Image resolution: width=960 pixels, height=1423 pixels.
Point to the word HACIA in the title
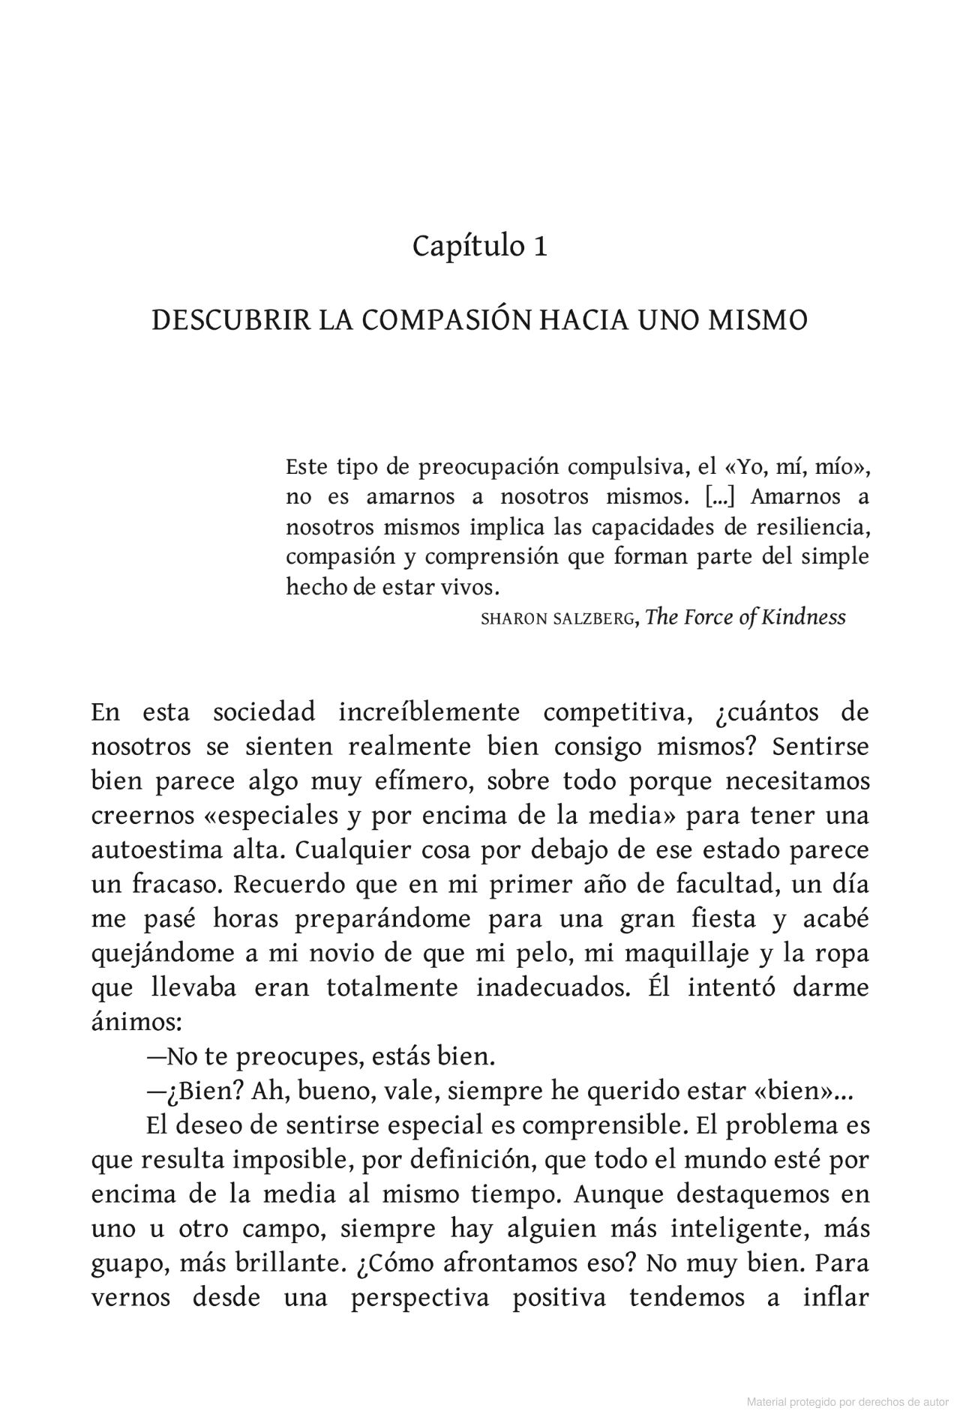[581, 320]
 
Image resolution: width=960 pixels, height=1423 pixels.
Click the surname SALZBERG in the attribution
[592, 619]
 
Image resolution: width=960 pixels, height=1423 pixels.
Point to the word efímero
[421, 780]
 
